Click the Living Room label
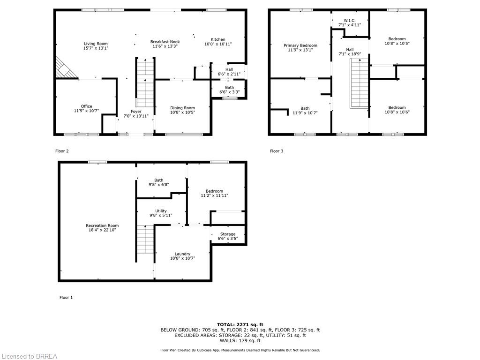tap(96, 44)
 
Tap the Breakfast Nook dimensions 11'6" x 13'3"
tap(165, 46)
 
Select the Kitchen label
tap(217, 39)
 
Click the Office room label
tap(86, 106)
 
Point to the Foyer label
tap(136, 112)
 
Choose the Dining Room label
tap(182, 108)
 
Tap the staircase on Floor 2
tap(145, 82)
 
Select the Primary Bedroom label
tap(300, 45)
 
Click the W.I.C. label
tap(350, 20)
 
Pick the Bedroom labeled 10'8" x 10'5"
tap(397, 39)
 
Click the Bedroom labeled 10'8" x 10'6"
tap(397, 107)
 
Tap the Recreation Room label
tap(102, 225)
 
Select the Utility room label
tap(161, 211)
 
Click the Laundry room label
tap(182, 254)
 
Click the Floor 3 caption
tap(277, 151)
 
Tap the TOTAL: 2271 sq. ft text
tap(240, 324)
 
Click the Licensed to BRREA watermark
tap(29, 356)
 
